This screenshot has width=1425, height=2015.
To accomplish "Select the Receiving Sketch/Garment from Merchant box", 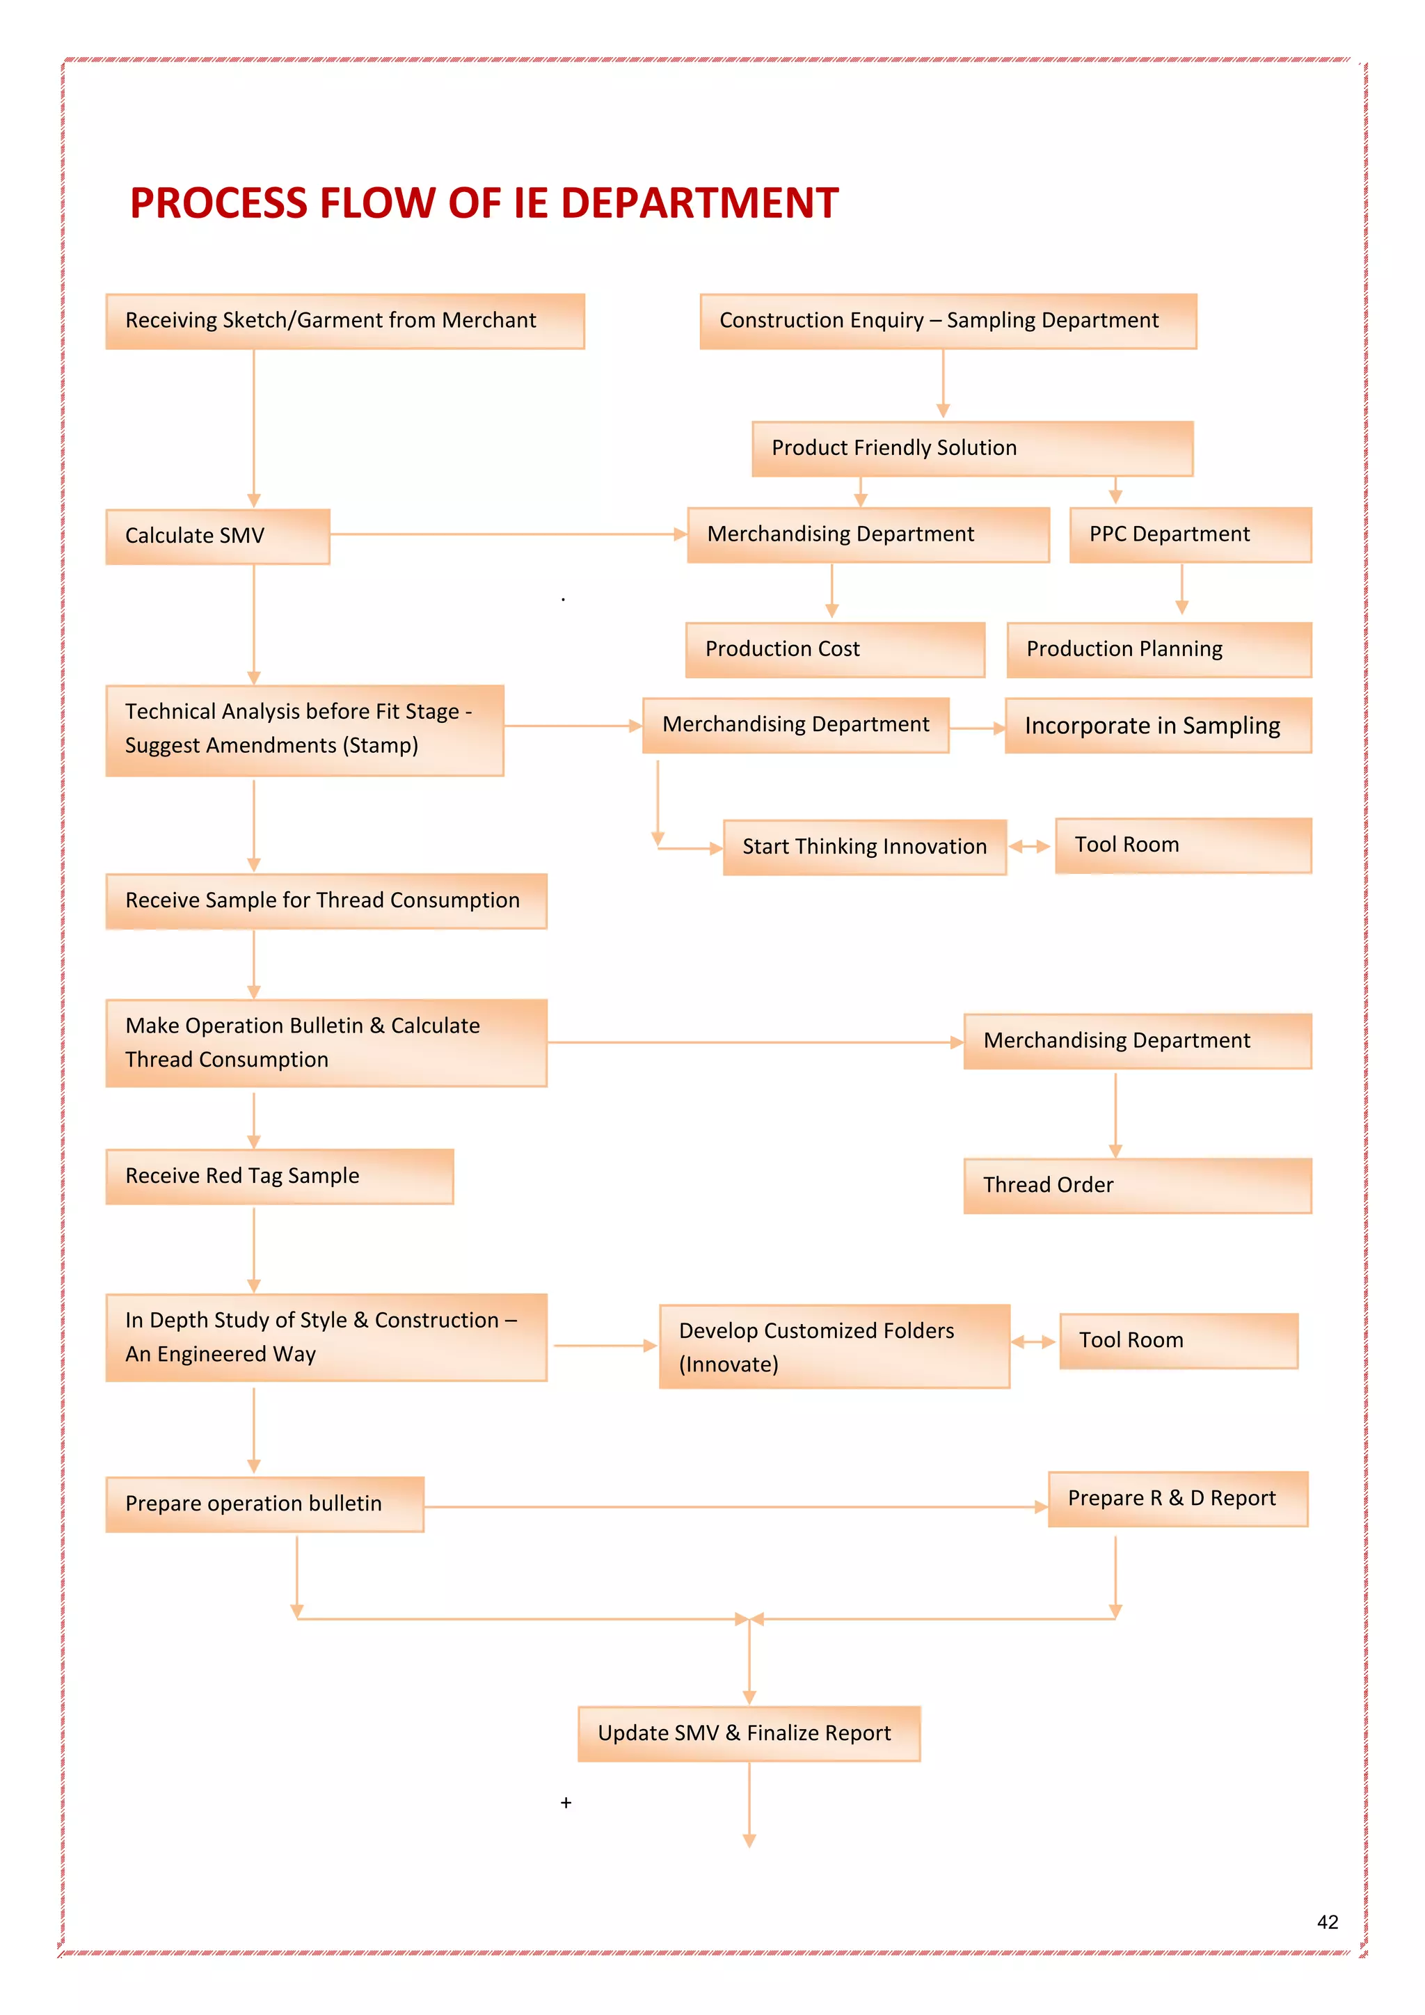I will [x=345, y=321].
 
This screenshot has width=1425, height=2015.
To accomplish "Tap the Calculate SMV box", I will [x=218, y=536].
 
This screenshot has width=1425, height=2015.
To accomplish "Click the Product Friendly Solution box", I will [x=971, y=449].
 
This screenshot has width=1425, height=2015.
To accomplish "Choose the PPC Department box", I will [x=1190, y=534].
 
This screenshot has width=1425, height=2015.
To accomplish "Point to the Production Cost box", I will [x=834, y=649].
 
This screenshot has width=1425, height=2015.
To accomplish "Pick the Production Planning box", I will [x=1159, y=649].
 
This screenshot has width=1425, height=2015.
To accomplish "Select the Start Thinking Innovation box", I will [x=864, y=847].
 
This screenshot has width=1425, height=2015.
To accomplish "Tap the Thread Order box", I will [x=1137, y=1186].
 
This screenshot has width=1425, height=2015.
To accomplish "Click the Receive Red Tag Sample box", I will [x=279, y=1176].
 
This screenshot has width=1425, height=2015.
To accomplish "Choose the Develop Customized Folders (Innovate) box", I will [x=834, y=1346].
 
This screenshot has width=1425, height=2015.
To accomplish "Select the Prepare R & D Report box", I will [x=1177, y=1499].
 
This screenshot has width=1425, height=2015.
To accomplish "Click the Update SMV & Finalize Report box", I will [x=749, y=1733].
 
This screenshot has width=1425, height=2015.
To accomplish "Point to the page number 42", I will [x=1328, y=1922].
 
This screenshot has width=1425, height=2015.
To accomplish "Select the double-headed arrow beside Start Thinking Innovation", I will [x=1029, y=847].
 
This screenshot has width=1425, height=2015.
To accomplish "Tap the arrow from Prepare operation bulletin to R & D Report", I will [x=733, y=1507].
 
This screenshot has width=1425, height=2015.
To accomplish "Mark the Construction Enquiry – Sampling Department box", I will [x=948, y=321].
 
